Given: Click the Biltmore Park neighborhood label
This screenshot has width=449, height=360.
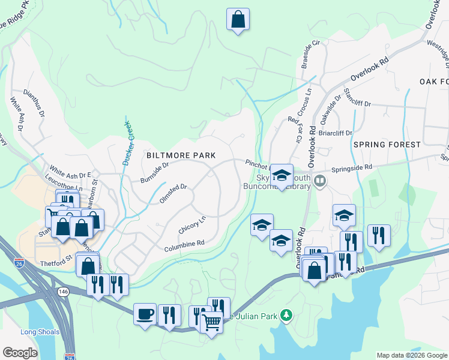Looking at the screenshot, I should pyautogui.click(x=181, y=155).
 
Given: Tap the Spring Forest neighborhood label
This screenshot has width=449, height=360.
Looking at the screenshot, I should pyautogui.click(x=387, y=145).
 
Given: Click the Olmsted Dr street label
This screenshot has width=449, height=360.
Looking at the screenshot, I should pyautogui.click(x=174, y=193).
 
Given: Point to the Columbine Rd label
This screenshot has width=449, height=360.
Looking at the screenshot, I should pyautogui.click(x=185, y=246).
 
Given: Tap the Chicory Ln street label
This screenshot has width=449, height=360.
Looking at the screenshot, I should pyautogui.click(x=192, y=225).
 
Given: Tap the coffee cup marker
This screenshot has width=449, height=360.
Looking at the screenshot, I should pyautogui.click(x=145, y=313).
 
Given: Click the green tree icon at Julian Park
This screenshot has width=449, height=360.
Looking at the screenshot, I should pyautogui.click(x=288, y=314).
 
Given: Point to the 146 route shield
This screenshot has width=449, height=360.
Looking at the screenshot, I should pyautogui.click(x=63, y=291).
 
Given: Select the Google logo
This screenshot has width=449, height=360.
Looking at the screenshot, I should pyautogui.click(x=19, y=353).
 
